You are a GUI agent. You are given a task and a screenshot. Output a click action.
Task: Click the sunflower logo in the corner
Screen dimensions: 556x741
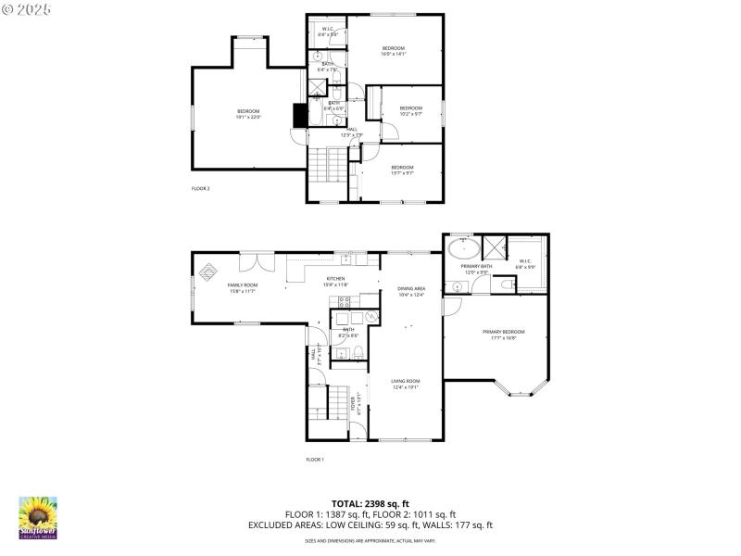coord(38,517)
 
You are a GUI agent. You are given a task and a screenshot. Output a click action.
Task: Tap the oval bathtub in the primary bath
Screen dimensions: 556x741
coord(463,249)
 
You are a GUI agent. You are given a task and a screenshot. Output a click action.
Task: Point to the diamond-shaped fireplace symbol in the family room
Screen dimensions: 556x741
coord(209,272)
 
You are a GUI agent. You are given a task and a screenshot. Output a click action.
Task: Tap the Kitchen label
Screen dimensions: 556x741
coord(335,279)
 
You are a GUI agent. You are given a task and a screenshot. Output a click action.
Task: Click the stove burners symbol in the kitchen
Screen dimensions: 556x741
coord(344,302)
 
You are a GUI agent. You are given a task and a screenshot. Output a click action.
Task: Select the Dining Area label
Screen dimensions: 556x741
coord(411,288)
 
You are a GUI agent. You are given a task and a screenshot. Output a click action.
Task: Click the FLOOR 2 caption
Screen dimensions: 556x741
coord(201,189)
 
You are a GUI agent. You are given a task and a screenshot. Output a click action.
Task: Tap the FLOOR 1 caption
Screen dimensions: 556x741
coord(315,460)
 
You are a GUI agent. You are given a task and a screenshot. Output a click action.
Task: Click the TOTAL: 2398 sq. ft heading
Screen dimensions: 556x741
coord(370,504)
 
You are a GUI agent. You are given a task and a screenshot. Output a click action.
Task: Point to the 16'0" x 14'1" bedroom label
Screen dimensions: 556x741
coord(394,50)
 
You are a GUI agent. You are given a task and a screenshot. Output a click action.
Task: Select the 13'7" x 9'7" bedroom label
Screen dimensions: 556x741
coord(402,170)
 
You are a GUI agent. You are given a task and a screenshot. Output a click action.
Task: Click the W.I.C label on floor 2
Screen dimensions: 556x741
coord(327,30)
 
